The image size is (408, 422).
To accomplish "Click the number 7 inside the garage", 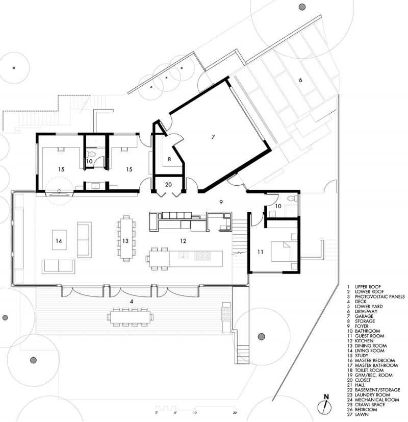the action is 213,137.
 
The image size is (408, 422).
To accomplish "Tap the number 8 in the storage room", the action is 169,159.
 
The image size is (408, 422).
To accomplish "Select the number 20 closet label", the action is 168,185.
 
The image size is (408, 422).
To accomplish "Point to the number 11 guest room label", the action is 260,252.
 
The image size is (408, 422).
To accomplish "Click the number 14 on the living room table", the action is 59,241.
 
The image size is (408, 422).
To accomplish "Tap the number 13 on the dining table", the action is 125,241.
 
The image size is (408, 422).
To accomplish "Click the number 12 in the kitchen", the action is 183,241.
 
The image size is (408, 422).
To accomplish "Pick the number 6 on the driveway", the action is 300,80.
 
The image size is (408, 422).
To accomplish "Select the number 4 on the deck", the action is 131,302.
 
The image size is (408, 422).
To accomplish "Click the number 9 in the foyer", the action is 221,202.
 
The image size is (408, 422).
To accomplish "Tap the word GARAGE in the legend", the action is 364,316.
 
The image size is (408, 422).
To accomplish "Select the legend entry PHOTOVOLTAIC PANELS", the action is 380,296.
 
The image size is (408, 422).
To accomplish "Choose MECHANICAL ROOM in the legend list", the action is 377,400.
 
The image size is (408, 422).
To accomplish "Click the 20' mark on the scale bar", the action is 235,412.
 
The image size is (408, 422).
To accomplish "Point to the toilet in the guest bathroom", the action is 292,198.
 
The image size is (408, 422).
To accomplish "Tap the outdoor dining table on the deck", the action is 131,317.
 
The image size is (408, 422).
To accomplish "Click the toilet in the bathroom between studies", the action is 91,154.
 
